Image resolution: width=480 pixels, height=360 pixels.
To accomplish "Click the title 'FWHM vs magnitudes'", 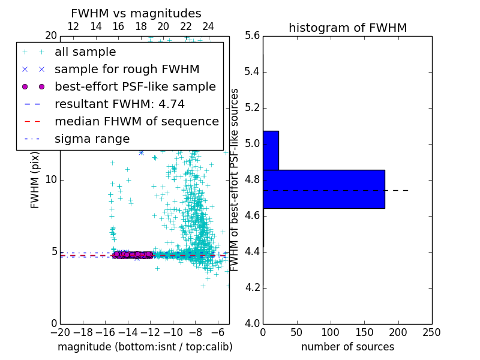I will pyautogui.click(x=136, y=13).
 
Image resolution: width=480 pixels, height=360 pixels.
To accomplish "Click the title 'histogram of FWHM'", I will pyautogui.click(x=347, y=28).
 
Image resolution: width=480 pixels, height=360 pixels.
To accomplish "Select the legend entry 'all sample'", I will pyautogui.click(x=85, y=52).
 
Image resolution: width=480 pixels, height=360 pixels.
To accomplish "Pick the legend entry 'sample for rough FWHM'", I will pyautogui.click(x=127, y=69).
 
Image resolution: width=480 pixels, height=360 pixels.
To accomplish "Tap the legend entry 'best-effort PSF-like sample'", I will pyautogui.click(x=135, y=86).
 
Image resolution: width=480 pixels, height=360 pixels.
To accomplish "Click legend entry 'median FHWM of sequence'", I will pyautogui.click(x=136, y=121).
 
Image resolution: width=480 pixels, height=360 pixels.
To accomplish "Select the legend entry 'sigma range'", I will pyautogui.click(x=92, y=139).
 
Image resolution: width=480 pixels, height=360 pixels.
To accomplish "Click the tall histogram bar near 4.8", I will pyautogui.click(x=323, y=189).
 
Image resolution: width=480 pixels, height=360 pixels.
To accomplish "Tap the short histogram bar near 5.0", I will pyautogui.click(x=271, y=150).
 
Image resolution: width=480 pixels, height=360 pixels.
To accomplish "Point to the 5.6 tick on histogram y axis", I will pyautogui.click(x=253, y=36).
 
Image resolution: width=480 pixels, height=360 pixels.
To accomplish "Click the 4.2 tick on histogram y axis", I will pyautogui.click(x=253, y=287).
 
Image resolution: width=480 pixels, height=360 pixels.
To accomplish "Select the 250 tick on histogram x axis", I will pyautogui.click(x=432, y=332).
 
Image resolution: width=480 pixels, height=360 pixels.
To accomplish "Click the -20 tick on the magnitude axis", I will pyautogui.click(x=60, y=332).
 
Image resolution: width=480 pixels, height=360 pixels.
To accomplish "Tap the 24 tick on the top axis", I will pyautogui.click(x=208, y=26).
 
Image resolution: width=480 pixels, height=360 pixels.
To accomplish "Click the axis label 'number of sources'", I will pyautogui.click(x=347, y=347).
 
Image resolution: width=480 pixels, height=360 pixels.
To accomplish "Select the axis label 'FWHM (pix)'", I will pyautogui.click(x=35, y=180).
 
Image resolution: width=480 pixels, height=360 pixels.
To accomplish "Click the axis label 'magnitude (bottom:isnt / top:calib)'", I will pyautogui.click(x=145, y=347).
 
